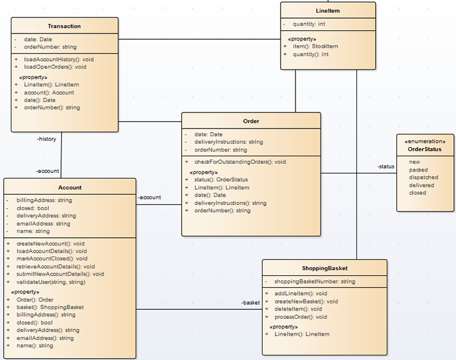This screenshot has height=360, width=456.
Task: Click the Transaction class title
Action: (x=64, y=26)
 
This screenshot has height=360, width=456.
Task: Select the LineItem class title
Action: (x=328, y=11)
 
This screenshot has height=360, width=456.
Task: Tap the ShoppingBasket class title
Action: (x=324, y=268)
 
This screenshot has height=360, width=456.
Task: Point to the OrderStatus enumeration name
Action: (x=425, y=149)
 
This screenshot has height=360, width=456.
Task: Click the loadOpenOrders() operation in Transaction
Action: (x=55, y=67)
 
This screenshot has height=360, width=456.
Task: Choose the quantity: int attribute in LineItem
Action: (x=309, y=24)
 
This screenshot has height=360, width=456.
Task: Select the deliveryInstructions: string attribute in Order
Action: (x=229, y=142)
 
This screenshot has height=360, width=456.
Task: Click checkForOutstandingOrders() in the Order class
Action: (x=240, y=162)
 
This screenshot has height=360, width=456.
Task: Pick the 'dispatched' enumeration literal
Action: (x=423, y=177)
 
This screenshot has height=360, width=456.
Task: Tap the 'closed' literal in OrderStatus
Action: (x=417, y=193)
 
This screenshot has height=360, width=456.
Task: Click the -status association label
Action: (x=386, y=166)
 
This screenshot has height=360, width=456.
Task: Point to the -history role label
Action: (x=46, y=139)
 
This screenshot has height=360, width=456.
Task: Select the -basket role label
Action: (x=250, y=303)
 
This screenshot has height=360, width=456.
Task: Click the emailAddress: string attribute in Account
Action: (x=43, y=224)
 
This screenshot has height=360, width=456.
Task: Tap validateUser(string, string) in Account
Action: (x=51, y=282)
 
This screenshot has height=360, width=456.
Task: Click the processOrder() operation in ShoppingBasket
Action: (x=301, y=317)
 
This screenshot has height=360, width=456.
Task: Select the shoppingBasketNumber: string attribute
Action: (x=315, y=282)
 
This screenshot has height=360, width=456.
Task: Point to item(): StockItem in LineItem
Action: (x=315, y=46)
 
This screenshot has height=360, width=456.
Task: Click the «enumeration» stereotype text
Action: (x=425, y=141)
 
